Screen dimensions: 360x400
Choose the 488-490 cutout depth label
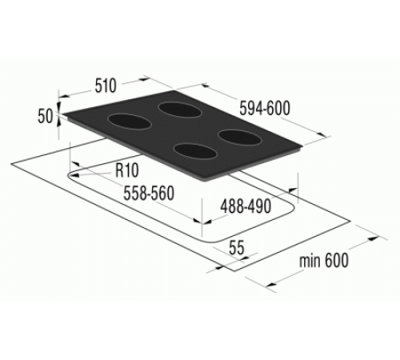(246, 206)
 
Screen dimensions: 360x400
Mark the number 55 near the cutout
(236, 248)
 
